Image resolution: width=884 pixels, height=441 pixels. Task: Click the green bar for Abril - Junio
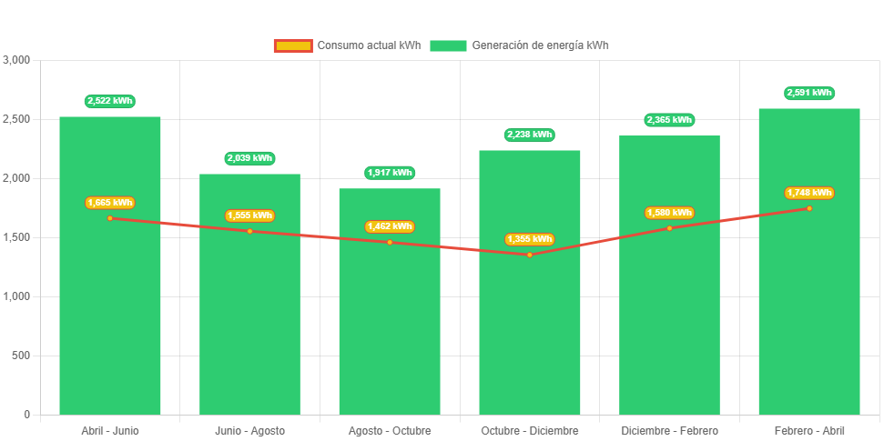pos(110,318)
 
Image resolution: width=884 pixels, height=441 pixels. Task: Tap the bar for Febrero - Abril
pos(809,318)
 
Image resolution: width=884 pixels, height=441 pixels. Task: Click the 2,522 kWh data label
pos(110,101)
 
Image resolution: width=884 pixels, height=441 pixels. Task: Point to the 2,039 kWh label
pos(249,158)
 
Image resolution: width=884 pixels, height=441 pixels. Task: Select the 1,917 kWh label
pos(390,173)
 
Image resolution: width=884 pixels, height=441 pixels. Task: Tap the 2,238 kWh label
pos(530,135)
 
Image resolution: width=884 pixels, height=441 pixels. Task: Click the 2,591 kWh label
pos(809,93)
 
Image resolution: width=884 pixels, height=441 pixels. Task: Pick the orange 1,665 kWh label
pos(110,203)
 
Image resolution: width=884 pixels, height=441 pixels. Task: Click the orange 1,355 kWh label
pos(530,239)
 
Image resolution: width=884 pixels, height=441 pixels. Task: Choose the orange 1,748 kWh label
pos(809,193)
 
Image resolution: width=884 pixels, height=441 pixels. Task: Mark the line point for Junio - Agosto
pos(249,231)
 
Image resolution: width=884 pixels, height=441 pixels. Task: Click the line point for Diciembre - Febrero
pos(669,227)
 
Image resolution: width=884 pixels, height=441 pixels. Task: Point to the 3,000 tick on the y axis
pos(17,60)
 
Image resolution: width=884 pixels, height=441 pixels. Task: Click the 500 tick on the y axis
pos(21,356)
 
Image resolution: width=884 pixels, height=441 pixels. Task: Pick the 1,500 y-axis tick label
pos(17,237)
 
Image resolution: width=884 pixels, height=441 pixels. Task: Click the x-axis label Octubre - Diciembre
pos(530,430)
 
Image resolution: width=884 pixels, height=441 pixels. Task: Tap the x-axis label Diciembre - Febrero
pos(669,430)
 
